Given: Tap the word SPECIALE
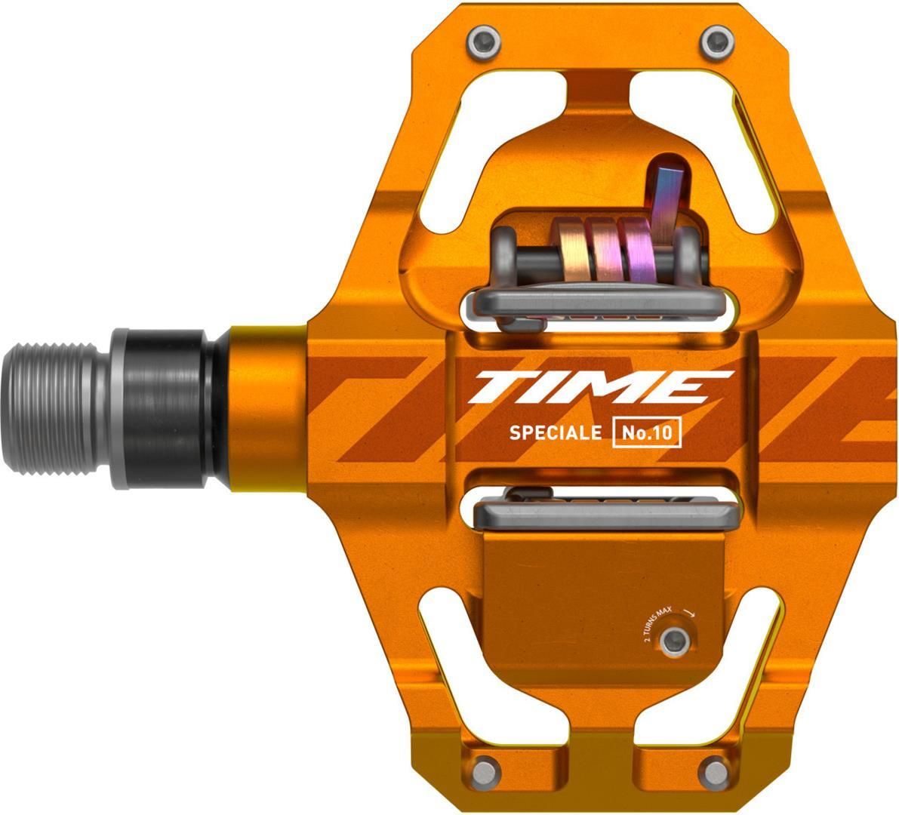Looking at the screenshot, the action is click(x=555, y=432).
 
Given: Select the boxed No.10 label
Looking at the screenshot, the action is click(x=647, y=432).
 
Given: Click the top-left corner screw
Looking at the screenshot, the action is click(x=484, y=42).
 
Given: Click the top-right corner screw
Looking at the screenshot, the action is click(x=718, y=42).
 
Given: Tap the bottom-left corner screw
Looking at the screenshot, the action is click(x=485, y=771).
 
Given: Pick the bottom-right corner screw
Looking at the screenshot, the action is click(x=716, y=771).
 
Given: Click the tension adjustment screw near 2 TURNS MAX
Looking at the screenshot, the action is click(x=676, y=640).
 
